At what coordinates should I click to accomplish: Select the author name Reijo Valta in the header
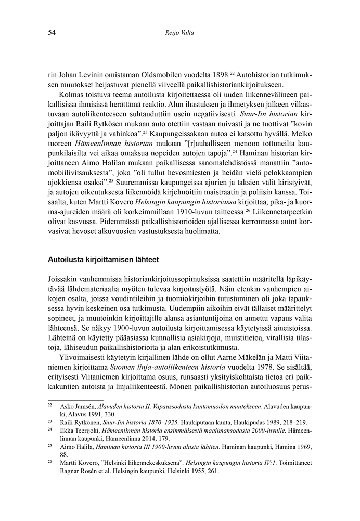(179, 33)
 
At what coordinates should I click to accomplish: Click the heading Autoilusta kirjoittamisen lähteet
(104, 258)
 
